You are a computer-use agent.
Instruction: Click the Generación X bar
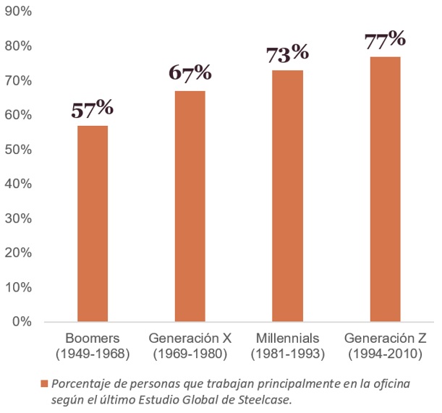point(190,205)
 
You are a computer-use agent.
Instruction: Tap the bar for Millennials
point(287,195)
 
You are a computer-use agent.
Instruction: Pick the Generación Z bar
point(385,188)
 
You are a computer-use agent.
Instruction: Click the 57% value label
point(92,108)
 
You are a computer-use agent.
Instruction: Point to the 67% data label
point(190,73)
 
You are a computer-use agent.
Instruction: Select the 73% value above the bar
point(287,53)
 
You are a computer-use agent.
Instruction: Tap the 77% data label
point(385,38)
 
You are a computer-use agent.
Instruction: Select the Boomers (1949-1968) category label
point(92,346)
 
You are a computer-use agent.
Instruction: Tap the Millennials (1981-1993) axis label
point(287,346)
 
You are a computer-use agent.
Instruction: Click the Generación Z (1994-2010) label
point(385,346)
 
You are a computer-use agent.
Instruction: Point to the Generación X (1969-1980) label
point(190,346)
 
